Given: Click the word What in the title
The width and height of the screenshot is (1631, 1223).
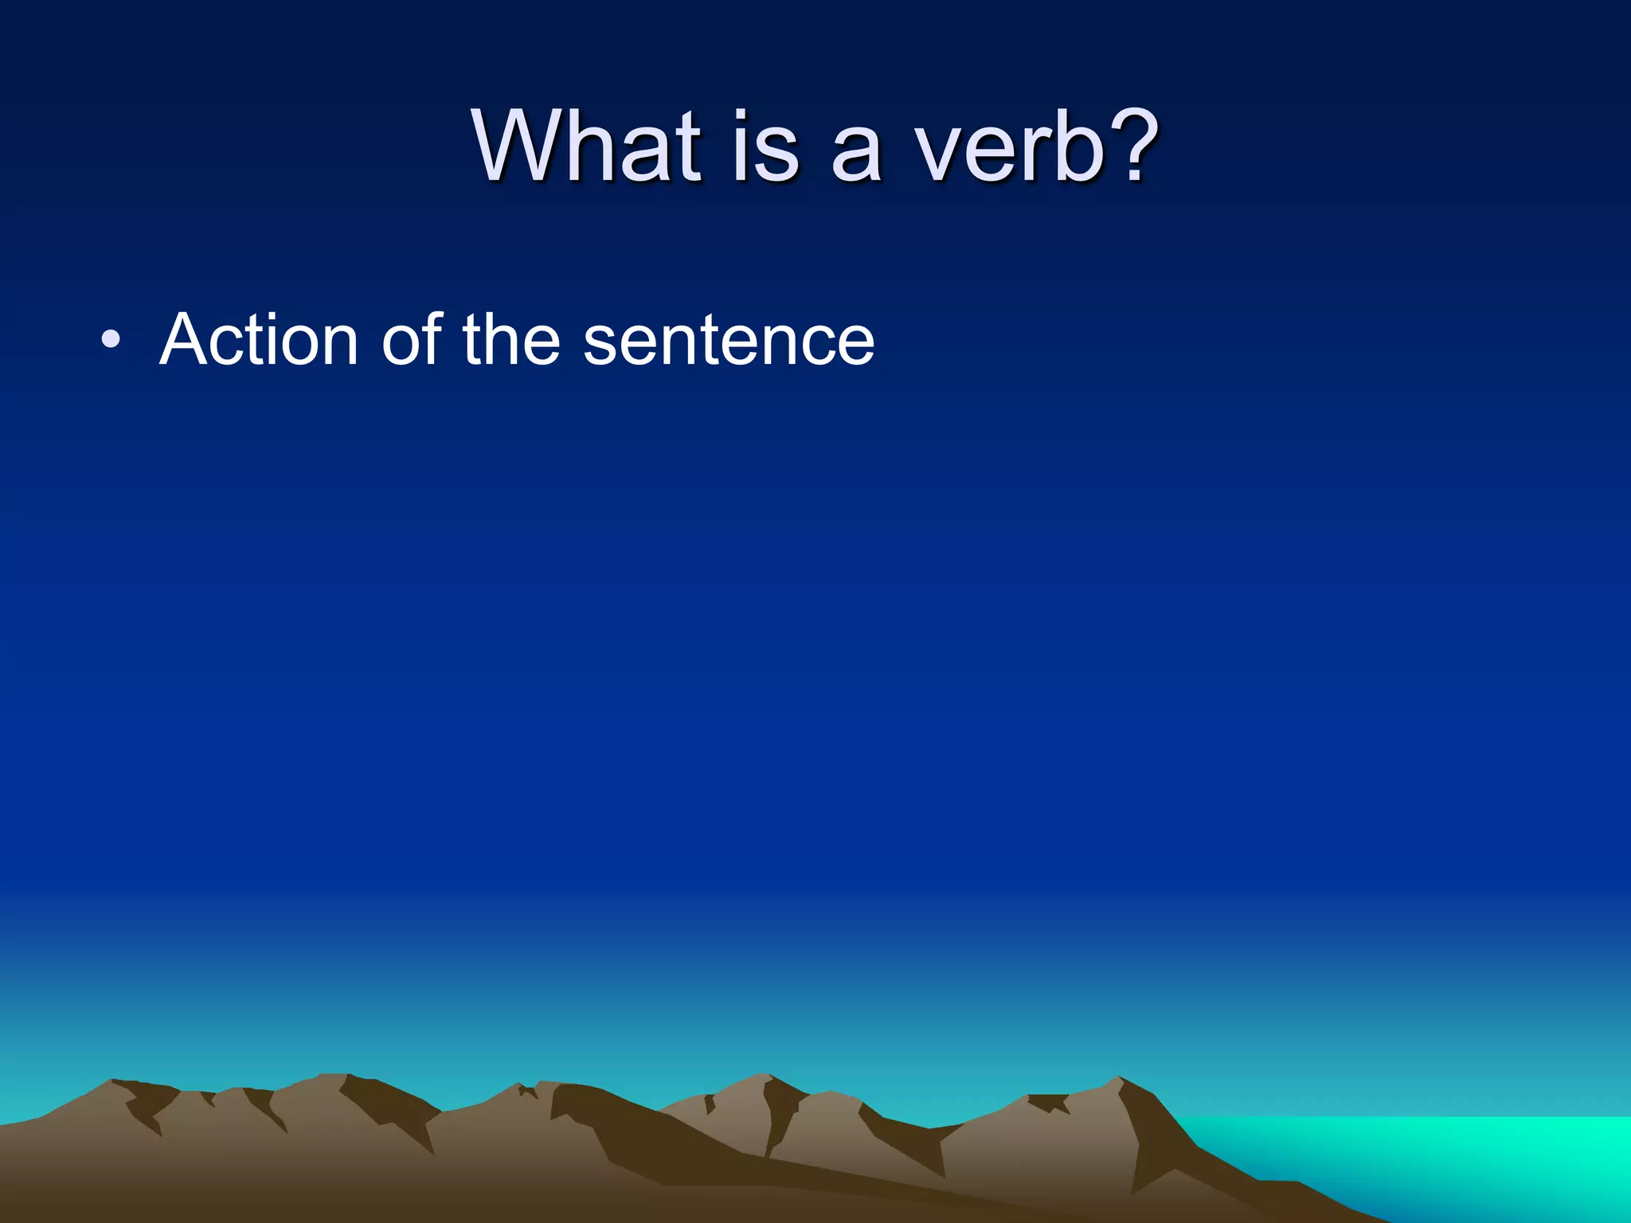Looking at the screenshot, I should [x=586, y=147].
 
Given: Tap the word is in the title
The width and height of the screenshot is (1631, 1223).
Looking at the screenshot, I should [x=764, y=147].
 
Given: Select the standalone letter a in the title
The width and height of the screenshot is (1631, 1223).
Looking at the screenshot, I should [x=857, y=156].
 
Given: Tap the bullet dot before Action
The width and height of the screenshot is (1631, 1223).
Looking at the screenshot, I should [x=111, y=341].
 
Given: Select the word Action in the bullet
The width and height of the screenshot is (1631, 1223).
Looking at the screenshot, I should [x=259, y=340].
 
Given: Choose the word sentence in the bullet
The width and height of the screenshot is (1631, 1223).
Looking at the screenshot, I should [x=729, y=341].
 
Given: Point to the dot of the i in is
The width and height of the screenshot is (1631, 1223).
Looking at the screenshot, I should [x=741, y=117].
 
